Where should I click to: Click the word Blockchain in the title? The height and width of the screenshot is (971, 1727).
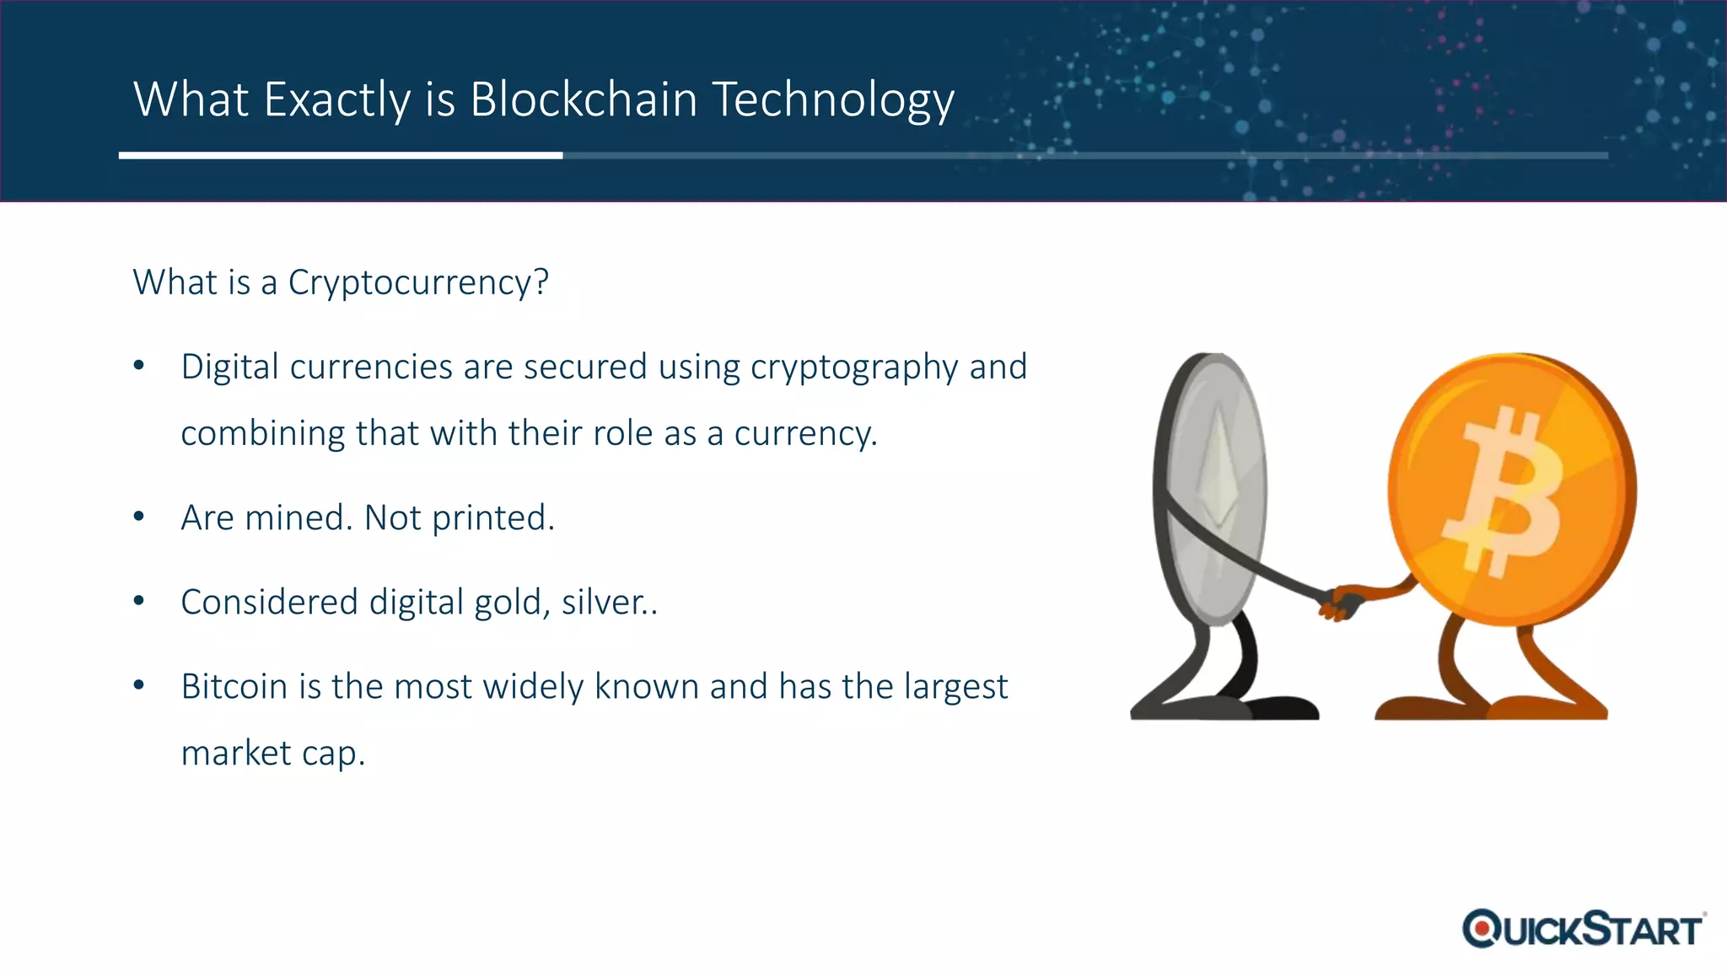pyautogui.click(x=584, y=99)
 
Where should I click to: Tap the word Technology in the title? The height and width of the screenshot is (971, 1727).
pyautogui.click(x=833, y=99)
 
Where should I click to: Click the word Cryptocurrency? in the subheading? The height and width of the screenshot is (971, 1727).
pyautogui.click(x=418, y=282)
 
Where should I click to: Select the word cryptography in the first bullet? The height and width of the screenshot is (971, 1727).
pyautogui.click(x=853, y=367)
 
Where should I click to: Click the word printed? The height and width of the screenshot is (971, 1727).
pyautogui.click(x=493, y=518)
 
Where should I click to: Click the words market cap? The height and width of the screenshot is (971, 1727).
pyautogui.click(x=273, y=753)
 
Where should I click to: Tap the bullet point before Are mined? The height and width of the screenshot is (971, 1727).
pyautogui.click(x=140, y=517)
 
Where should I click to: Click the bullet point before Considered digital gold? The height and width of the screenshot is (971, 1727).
pyautogui.click(x=140, y=601)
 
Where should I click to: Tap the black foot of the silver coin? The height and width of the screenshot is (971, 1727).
pyautogui.click(x=1282, y=708)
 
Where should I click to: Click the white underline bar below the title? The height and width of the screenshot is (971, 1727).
pyautogui.click(x=341, y=155)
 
